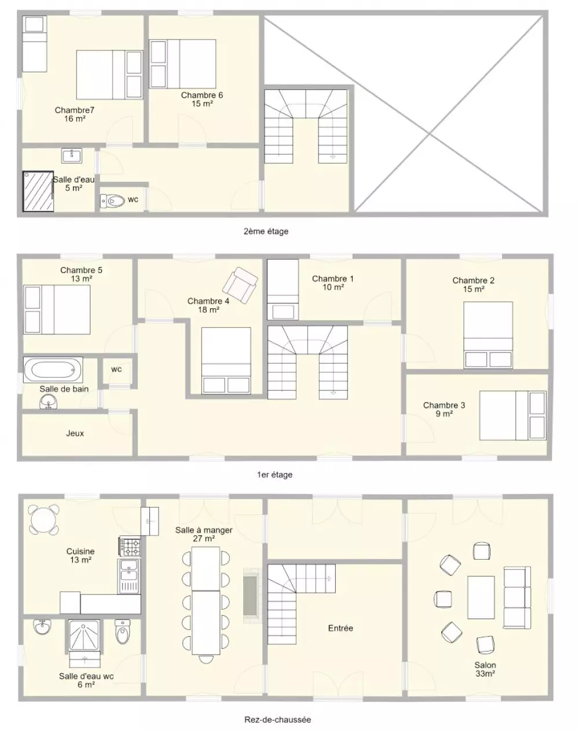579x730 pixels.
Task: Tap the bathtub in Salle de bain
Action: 53,370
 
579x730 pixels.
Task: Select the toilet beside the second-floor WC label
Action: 113,201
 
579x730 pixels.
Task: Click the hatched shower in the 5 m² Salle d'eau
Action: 38,191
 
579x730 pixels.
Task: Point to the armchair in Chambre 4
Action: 240,285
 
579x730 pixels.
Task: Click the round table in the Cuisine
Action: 43,519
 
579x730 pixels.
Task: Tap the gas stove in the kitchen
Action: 130,546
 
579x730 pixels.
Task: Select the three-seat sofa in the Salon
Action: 517,597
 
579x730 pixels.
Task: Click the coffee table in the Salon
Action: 481,597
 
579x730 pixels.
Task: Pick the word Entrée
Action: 340,628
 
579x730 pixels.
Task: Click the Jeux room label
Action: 75,433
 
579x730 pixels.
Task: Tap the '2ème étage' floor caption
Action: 266,231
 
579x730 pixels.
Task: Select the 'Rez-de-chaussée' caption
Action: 278,720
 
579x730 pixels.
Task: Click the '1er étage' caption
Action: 274,475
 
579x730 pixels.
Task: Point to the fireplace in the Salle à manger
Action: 251,596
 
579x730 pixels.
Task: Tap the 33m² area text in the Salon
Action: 485,674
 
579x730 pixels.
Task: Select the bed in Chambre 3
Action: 512,415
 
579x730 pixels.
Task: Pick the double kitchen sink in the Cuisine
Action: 129,576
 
